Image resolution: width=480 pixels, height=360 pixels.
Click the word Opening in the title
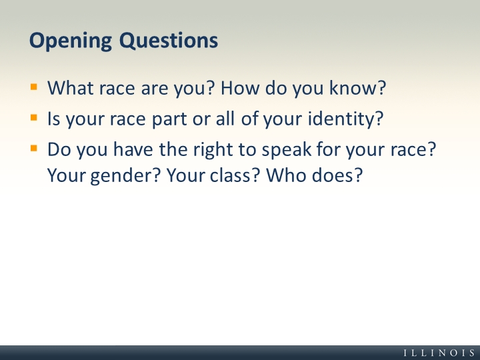[71, 41]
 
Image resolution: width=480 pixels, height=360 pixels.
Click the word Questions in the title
[169, 41]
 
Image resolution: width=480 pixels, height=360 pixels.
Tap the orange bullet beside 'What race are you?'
[34, 87]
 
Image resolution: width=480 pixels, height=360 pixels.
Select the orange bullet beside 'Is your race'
[34, 118]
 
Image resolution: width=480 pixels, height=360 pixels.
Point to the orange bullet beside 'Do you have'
[34, 149]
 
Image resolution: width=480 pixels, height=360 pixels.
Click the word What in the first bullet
[70, 88]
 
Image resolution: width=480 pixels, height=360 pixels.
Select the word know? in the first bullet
[358, 88]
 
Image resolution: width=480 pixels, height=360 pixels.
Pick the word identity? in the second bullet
[345, 119]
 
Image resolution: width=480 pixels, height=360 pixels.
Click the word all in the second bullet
[225, 119]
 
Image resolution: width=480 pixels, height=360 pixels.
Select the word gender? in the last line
[125, 176]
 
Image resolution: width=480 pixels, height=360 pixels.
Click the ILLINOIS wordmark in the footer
[439, 353]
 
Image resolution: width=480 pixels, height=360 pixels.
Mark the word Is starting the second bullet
[54, 119]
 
